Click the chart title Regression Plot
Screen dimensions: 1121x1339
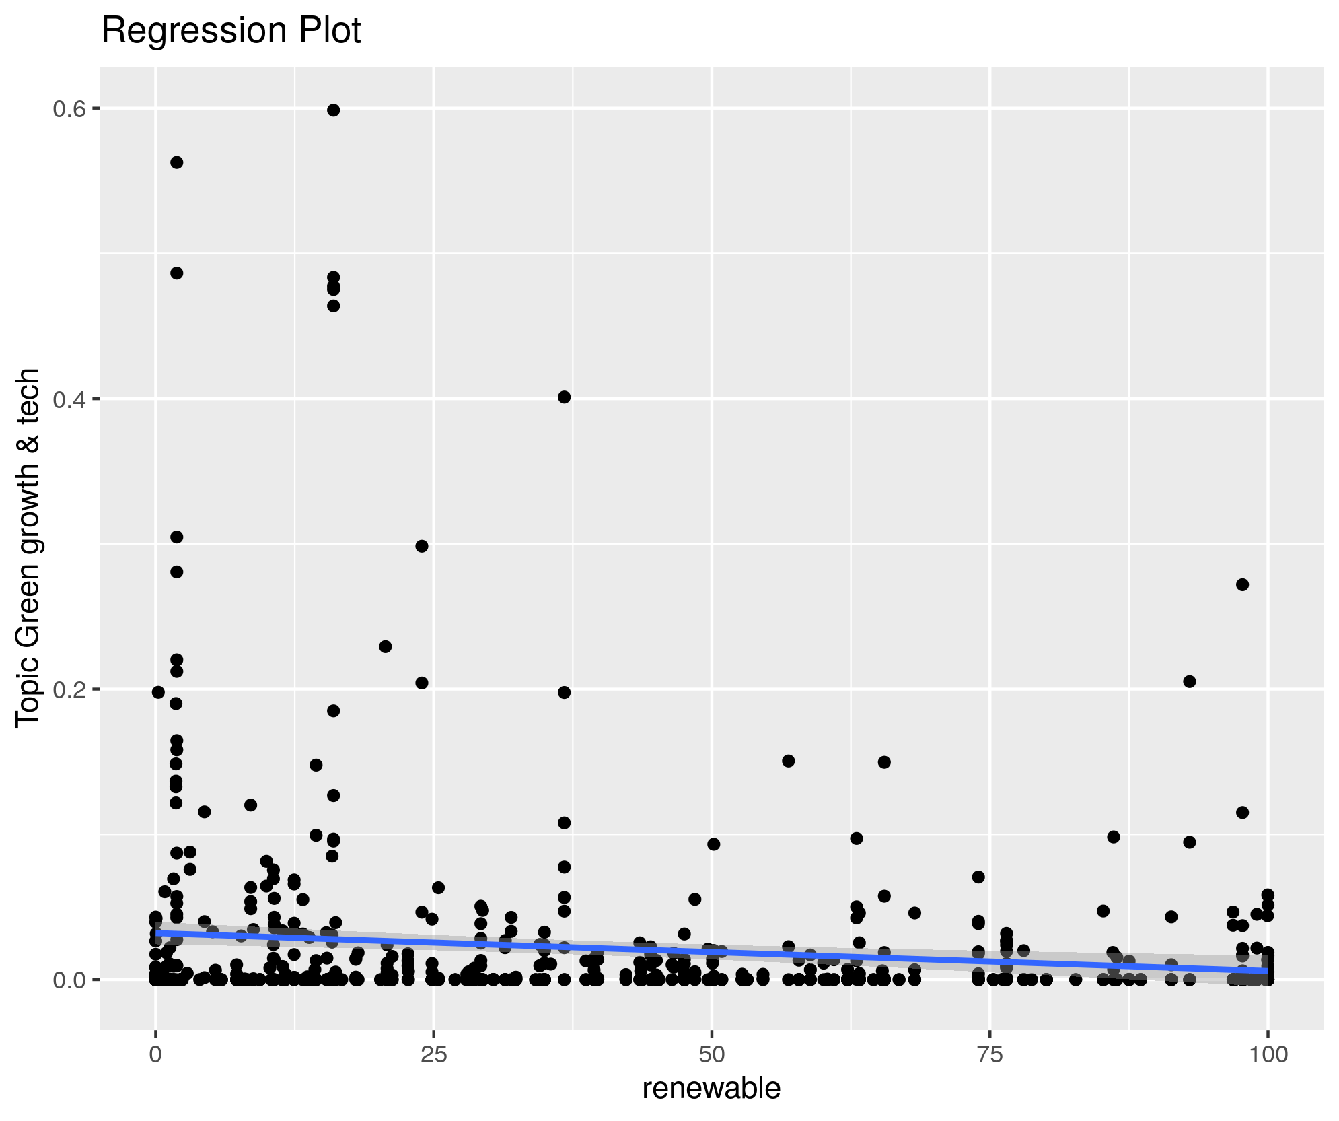tap(231, 31)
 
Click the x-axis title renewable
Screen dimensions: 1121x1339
tap(711, 1089)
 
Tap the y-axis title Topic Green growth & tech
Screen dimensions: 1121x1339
tap(29, 547)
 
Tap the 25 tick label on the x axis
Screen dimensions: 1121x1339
tap(434, 1054)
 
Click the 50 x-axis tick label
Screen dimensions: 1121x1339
tap(712, 1054)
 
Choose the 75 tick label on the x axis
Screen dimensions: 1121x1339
tap(990, 1054)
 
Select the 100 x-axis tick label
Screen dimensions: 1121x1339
tap(1268, 1054)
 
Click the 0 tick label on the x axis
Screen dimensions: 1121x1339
tap(156, 1054)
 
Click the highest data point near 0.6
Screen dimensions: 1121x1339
tap(333, 110)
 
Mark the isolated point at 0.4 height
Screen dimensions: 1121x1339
tap(565, 397)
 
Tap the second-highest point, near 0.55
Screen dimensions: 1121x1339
tap(177, 162)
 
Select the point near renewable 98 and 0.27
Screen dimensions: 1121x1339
tap(1243, 584)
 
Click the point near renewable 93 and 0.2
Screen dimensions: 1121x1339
tap(1190, 681)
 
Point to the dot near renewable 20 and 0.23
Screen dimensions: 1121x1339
tap(386, 646)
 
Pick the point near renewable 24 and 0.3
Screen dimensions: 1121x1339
tap(422, 546)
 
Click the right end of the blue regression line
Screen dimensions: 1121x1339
tap(1266, 972)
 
